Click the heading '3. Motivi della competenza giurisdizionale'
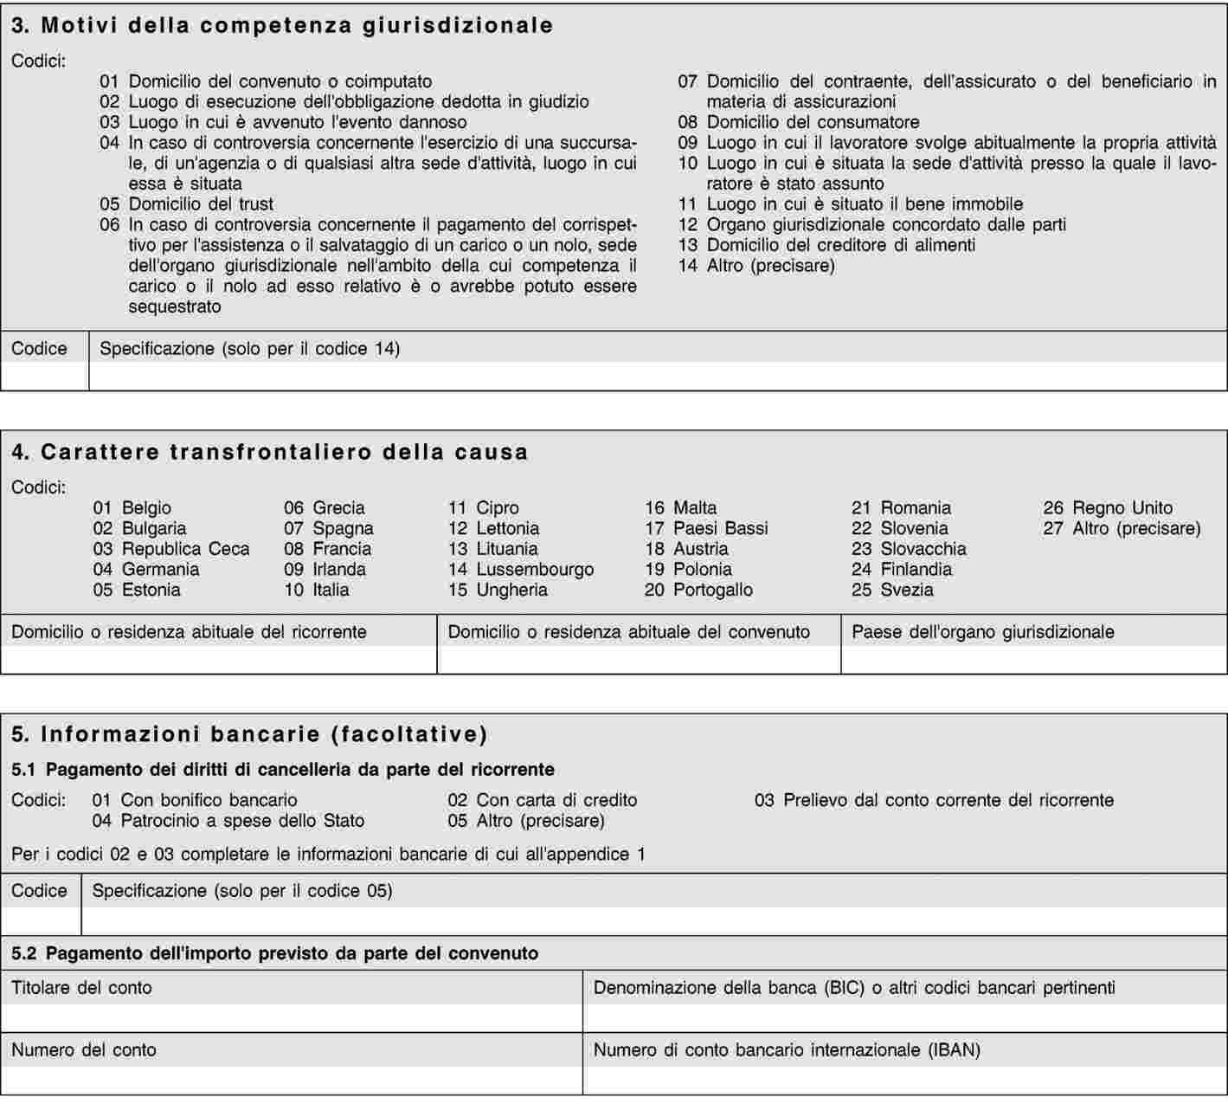[x=282, y=25]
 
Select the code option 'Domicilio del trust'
[x=201, y=204]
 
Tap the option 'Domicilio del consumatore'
[x=813, y=122]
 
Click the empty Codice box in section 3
[x=44, y=376]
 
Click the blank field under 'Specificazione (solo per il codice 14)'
[x=658, y=376]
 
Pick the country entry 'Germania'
[x=160, y=570]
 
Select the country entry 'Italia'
[x=331, y=590]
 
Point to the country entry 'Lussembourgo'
[x=535, y=570]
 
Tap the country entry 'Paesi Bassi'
[x=720, y=528]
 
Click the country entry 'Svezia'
[x=907, y=590]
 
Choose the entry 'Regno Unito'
[x=1122, y=508]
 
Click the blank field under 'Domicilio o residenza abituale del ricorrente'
[x=219, y=660]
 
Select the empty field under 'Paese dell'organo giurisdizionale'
[x=1033, y=660]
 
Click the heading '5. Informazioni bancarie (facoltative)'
[x=250, y=734]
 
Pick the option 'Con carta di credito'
[x=556, y=800]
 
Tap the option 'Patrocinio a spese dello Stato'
[x=242, y=821]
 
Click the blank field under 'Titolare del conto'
[x=292, y=1017]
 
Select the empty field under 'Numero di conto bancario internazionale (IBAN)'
[x=904, y=1080]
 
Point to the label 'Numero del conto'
[x=84, y=1050]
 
